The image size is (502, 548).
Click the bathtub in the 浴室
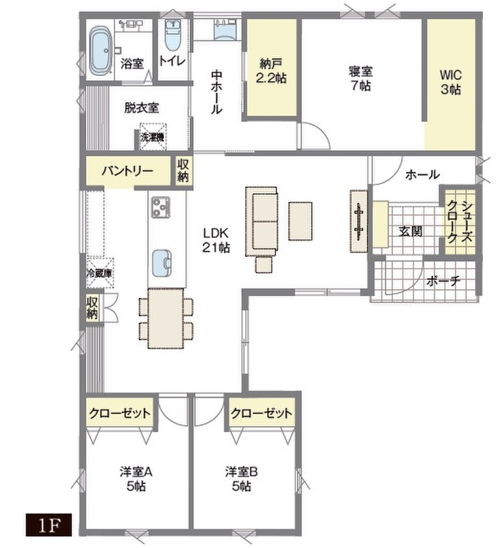point(101,51)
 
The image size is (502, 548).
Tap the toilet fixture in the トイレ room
point(171,36)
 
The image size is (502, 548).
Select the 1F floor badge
point(49,525)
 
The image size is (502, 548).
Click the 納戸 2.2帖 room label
point(271,71)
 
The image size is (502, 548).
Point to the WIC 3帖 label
point(451,82)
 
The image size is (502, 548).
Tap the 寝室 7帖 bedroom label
point(360,78)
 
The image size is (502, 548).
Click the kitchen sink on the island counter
point(162,263)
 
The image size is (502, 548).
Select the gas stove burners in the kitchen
point(161,207)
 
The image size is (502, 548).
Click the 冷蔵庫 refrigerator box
point(100,273)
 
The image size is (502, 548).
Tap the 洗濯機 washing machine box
point(153,136)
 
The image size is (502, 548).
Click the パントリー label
point(127,171)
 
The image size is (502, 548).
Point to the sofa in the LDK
point(262,221)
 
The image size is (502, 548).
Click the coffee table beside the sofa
point(300,221)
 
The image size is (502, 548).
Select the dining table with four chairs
point(166,319)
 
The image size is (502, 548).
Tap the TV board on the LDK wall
point(359,221)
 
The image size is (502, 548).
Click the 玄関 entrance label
point(410,231)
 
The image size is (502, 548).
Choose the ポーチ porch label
point(443,281)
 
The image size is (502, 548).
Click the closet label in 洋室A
point(120,414)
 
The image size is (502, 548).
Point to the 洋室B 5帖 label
point(241,479)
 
